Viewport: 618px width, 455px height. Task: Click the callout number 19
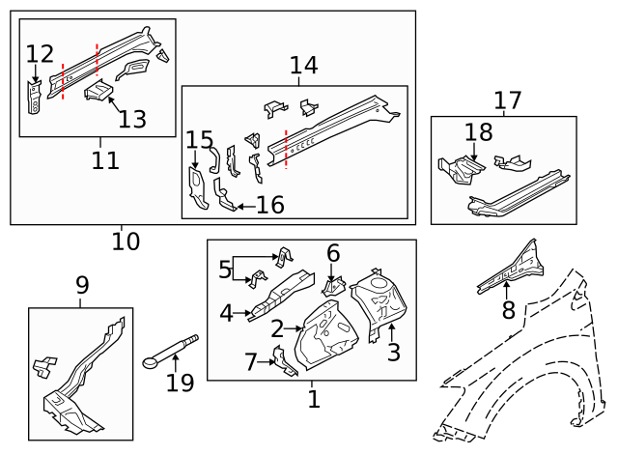coord(181,383)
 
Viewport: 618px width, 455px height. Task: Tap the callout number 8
coord(509,309)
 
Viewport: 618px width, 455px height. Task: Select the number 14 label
coord(304,65)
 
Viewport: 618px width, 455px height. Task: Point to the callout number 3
coord(394,352)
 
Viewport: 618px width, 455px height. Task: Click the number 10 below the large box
coord(126,242)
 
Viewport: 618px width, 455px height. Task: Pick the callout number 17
coord(508,100)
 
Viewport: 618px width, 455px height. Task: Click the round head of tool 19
coord(150,363)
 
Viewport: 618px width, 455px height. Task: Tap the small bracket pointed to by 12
coord(35,98)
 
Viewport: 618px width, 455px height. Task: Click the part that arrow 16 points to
coord(224,195)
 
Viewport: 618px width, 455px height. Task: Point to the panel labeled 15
coord(197,188)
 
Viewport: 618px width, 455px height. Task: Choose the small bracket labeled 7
coord(284,361)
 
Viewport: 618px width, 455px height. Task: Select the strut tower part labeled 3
coord(378,303)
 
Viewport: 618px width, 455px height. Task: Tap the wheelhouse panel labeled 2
coord(326,336)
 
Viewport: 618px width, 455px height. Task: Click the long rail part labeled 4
coord(281,295)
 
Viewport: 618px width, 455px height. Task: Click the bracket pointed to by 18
coord(462,170)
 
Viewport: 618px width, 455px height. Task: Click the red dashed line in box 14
coord(286,150)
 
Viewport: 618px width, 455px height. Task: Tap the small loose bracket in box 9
coord(44,367)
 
